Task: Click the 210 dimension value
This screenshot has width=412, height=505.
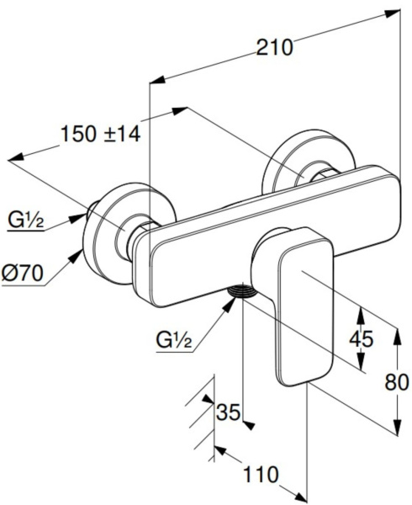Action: click(x=274, y=48)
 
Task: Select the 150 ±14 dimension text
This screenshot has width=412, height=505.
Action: click(x=101, y=134)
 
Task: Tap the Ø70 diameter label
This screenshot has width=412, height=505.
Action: click(x=22, y=274)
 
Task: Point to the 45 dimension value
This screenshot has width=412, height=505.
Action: click(x=362, y=339)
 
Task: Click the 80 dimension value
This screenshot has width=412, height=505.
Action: click(x=397, y=383)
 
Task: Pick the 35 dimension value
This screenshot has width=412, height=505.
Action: click(x=229, y=412)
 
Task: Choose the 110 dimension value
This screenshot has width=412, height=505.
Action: click(x=261, y=475)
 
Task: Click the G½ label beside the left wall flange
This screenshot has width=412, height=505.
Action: click(x=26, y=221)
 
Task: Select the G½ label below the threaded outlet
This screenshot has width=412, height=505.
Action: click(x=174, y=340)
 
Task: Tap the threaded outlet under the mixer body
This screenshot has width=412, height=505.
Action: click(x=241, y=290)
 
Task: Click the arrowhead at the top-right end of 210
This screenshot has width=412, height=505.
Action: click(x=393, y=13)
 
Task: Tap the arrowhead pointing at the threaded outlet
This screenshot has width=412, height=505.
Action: click(x=230, y=303)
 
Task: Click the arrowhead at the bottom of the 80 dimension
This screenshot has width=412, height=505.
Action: click(x=398, y=428)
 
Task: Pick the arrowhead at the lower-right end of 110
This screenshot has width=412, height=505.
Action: click(x=299, y=497)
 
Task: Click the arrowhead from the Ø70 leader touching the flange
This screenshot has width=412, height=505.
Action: click(x=77, y=255)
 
